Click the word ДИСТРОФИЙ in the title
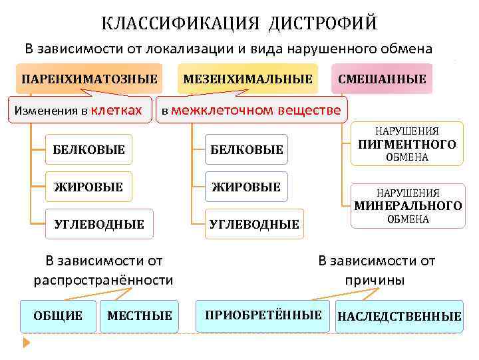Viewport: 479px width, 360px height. (x=323, y=24)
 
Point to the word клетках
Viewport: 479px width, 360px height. (x=115, y=109)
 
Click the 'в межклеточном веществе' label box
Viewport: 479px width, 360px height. (x=251, y=109)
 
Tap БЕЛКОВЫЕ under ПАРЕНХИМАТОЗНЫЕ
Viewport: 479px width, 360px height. (x=88, y=150)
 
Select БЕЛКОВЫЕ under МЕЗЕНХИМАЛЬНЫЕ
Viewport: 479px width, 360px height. (x=247, y=150)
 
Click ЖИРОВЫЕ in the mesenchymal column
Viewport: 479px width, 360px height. (x=246, y=187)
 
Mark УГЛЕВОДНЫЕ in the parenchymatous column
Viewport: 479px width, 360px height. (x=98, y=224)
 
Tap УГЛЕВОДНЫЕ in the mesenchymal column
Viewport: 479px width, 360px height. (x=254, y=224)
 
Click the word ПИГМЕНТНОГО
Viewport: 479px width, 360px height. (x=407, y=144)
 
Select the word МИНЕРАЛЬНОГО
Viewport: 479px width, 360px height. (x=407, y=205)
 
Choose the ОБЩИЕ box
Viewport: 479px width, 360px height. (x=59, y=315)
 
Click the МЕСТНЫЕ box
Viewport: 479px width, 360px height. (x=139, y=315)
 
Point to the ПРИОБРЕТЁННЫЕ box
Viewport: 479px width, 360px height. (x=263, y=315)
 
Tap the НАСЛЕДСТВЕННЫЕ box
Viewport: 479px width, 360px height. (x=399, y=316)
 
